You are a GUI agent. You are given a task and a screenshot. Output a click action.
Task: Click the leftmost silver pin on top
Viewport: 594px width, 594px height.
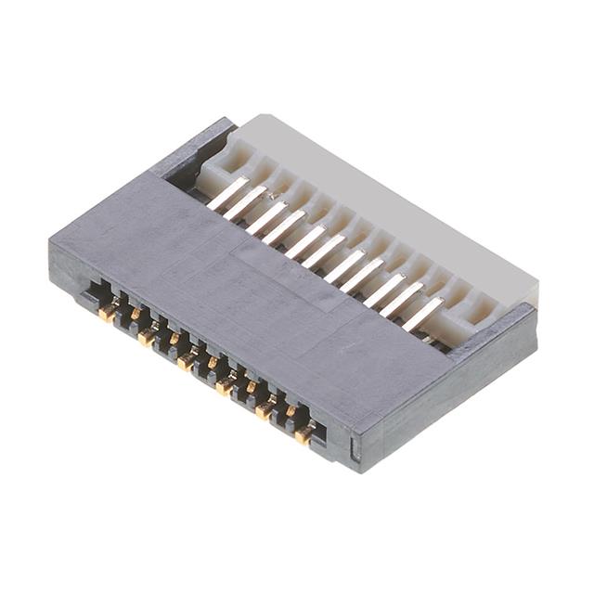point(226,192)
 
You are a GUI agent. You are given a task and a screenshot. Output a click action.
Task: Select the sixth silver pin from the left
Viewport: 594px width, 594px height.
point(323,251)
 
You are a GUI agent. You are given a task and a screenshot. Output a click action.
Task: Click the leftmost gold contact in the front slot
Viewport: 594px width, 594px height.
point(108,314)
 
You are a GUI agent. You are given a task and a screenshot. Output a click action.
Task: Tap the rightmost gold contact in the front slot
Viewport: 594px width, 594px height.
point(303,433)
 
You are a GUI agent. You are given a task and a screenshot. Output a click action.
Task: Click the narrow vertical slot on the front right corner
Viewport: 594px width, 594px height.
point(354,451)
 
